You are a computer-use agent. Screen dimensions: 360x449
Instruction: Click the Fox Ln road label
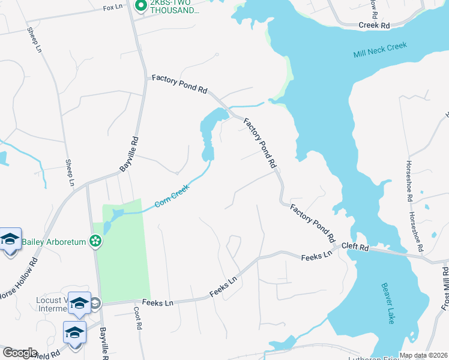pos(113,8)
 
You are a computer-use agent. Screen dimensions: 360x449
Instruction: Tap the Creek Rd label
pos(375,25)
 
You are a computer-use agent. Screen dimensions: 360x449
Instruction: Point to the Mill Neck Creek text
pos(380,50)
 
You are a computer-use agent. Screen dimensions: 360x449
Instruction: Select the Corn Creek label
pos(172,196)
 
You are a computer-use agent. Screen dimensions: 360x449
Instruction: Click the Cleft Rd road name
pos(354,246)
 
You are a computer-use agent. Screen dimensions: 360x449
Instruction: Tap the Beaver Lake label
pos(387,304)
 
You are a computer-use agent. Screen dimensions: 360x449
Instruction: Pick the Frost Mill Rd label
pos(445,289)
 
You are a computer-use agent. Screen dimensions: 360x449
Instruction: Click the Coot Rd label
pos(139,316)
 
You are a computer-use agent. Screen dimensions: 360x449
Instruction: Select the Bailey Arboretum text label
pos(55,242)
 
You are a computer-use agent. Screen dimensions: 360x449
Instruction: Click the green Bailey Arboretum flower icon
pos(95,242)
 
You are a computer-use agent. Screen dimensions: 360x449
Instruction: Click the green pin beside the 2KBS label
pos(141,7)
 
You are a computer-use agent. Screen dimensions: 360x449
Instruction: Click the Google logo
pos(19,353)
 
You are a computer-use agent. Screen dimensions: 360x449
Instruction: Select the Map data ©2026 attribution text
pos(424,355)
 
